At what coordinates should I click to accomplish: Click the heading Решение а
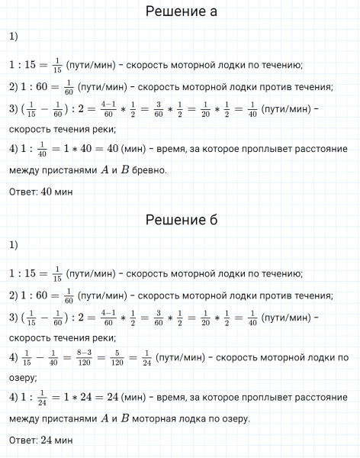point(181,11)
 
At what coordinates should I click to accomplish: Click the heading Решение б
point(181,221)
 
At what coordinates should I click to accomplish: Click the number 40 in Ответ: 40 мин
point(47,192)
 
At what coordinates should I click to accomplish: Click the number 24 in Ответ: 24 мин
point(47,441)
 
